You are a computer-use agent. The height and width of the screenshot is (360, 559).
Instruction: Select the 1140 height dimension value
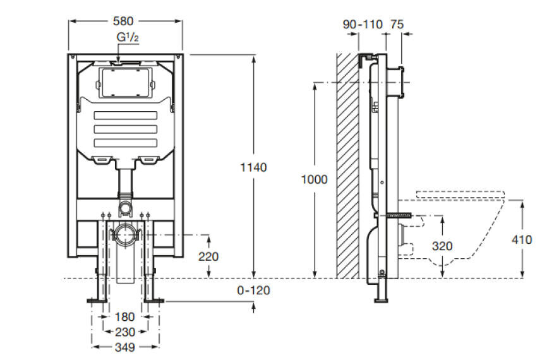(254, 167)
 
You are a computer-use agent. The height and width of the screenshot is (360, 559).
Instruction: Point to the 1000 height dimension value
(315, 179)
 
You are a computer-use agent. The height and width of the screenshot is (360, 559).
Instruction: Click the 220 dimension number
(208, 256)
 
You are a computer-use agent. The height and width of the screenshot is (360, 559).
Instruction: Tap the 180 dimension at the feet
(124, 316)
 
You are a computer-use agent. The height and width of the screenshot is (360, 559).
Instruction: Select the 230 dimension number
(124, 332)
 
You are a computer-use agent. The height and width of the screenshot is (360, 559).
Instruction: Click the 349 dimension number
(124, 347)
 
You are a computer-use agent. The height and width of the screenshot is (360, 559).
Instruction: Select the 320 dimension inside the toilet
(442, 246)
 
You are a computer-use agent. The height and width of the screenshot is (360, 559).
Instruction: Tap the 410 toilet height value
(522, 239)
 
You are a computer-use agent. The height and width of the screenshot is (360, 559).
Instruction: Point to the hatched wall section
(347, 164)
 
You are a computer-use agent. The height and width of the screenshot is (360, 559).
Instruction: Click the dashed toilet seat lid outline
(462, 194)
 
